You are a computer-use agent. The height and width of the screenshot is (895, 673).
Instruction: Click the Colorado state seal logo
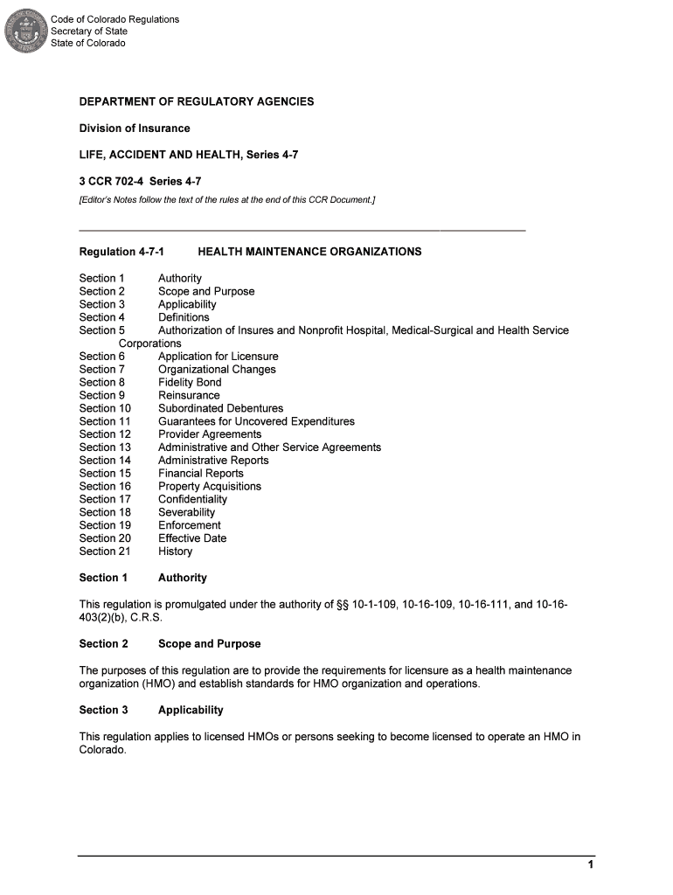click(24, 31)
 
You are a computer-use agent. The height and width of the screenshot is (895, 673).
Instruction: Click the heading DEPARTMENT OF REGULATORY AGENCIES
click(197, 102)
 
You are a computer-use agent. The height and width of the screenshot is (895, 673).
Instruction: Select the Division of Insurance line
click(135, 128)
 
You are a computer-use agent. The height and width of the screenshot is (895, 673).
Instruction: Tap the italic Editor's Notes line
click(227, 200)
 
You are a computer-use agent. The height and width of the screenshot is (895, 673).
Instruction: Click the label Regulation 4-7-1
click(121, 252)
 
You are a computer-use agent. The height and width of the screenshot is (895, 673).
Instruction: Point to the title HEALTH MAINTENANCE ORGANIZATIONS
click(309, 252)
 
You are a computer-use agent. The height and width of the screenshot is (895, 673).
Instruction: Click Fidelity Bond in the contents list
click(190, 382)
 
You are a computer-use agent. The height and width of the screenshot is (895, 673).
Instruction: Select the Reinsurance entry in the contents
click(189, 395)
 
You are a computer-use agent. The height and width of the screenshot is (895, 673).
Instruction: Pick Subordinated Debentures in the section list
click(220, 408)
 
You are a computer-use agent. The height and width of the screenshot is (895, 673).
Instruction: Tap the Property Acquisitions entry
click(210, 486)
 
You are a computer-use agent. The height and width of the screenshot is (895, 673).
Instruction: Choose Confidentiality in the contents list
click(192, 499)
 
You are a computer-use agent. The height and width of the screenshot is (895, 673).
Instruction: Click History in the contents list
click(175, 552)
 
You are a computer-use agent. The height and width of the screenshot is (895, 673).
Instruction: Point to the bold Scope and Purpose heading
click(209, 644)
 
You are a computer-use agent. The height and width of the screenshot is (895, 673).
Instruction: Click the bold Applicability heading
click(191, 710)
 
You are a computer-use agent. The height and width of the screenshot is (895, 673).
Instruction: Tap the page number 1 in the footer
click(591, 865)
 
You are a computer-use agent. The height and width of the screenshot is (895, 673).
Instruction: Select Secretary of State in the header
click(89, 31)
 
